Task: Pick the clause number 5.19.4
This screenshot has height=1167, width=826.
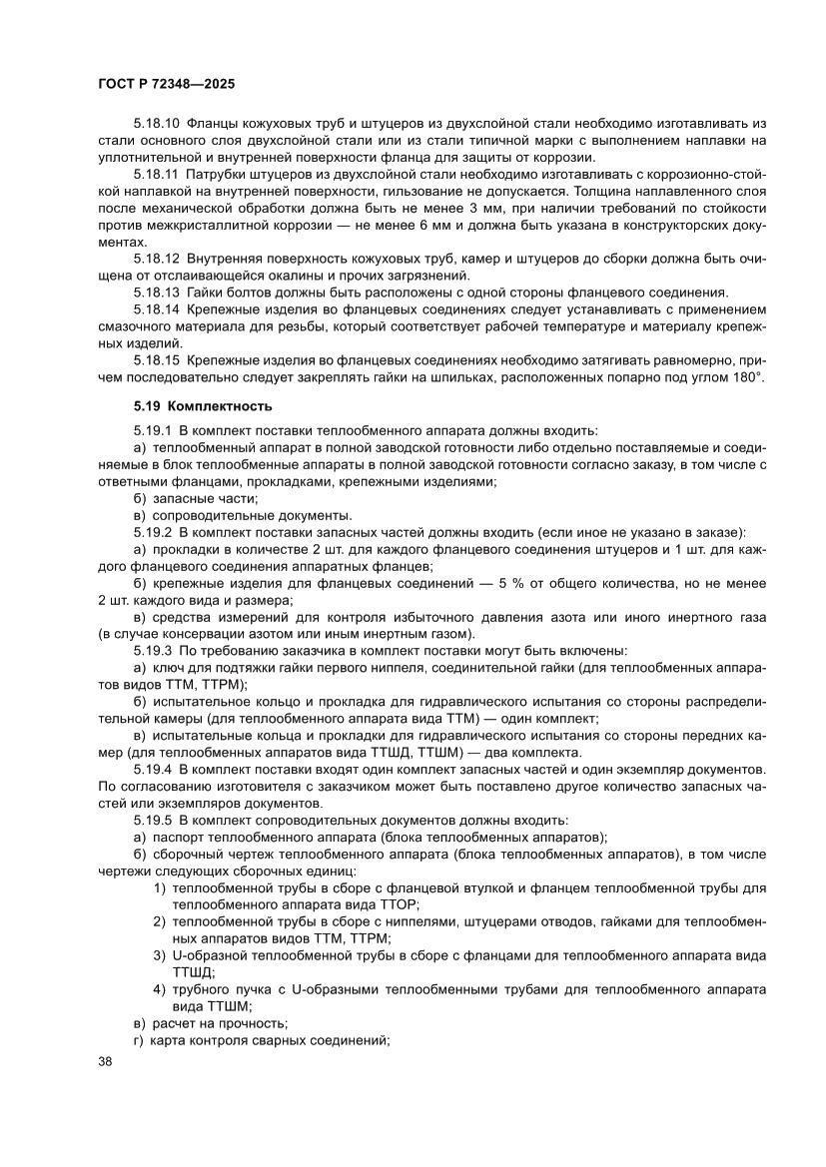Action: pos(152,769)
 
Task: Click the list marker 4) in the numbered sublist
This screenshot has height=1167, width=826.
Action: pos(160,988)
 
